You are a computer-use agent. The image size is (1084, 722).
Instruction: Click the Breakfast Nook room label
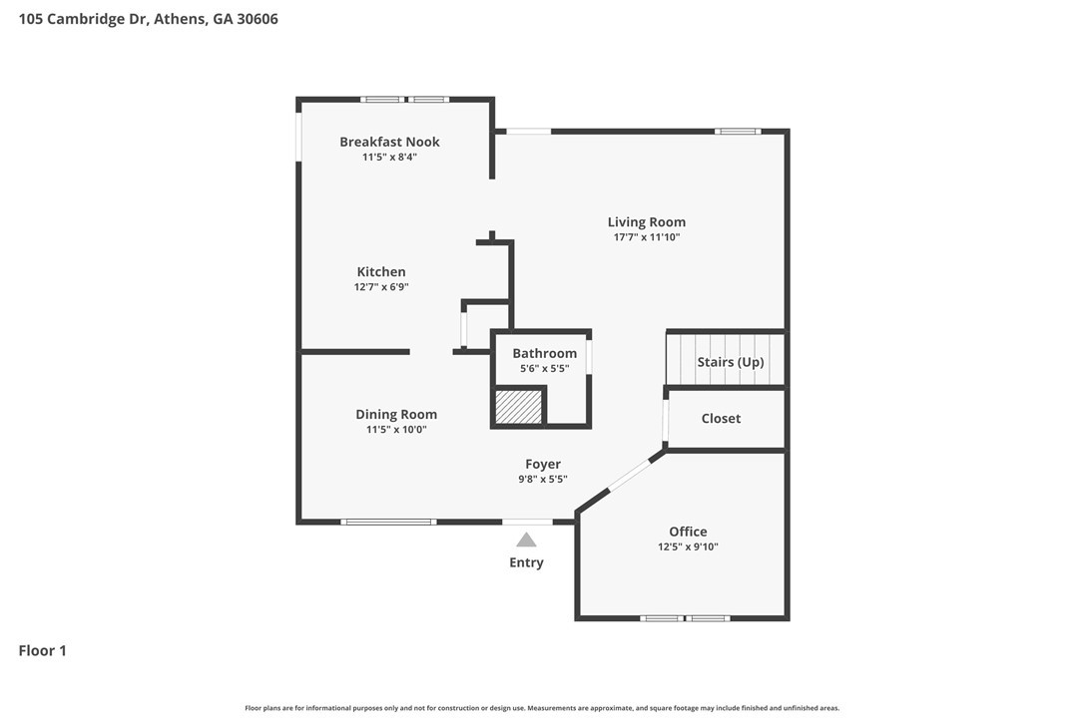(389, 142)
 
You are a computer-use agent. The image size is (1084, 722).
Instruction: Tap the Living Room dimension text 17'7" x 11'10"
(647, 237)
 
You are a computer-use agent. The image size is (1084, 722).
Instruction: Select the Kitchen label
(381, 272)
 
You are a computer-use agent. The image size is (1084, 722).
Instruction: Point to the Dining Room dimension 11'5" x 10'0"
(396, 430)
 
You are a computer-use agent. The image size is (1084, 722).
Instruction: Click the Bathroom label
(544, 353)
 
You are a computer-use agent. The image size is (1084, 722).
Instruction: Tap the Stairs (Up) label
(730, 362)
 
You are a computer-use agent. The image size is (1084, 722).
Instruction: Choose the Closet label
(721, 419)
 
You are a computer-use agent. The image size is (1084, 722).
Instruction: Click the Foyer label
(543, 464)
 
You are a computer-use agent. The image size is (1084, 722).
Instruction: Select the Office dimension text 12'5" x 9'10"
(688, 546)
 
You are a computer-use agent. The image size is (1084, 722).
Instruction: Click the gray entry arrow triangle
(526, 540)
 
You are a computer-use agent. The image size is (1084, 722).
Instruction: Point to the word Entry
(526, 562)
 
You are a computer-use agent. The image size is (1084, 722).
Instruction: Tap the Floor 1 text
(43, 651)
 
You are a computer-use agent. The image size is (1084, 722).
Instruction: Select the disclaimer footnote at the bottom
(542, 708)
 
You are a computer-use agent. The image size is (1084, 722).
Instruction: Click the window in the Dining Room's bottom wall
(388, 522)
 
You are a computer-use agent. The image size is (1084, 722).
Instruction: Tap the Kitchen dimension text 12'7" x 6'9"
(381, 287)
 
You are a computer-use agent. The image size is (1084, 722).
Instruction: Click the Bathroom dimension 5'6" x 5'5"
(544, 369)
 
